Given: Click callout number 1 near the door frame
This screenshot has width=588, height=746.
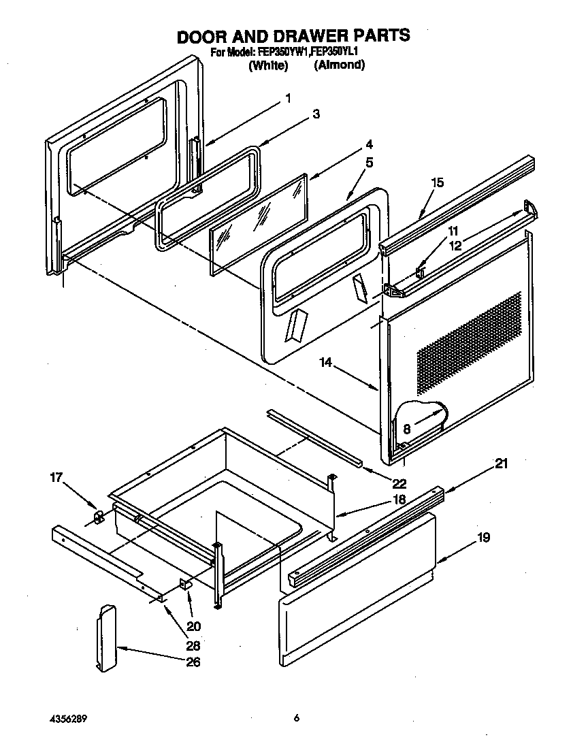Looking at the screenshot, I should coord(288,99).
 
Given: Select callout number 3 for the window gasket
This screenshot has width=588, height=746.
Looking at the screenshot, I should coord(316,114).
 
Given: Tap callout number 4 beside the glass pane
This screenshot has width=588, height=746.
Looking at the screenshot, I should coord(368,144).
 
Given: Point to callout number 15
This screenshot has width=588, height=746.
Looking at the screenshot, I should coord(438,182).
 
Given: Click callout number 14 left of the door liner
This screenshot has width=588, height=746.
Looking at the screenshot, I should coord(327,364).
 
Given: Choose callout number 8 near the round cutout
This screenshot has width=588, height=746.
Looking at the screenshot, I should coord(406,429).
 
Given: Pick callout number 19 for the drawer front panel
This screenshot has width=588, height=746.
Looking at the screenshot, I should coord(484,538).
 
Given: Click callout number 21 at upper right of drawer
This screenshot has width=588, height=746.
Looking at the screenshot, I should coord(501,464).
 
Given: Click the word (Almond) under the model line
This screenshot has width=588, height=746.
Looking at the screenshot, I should coord(340,65).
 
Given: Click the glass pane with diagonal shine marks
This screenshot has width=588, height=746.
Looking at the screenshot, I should coord(259,225).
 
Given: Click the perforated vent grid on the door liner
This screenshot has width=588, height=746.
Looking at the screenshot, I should coord(470,344).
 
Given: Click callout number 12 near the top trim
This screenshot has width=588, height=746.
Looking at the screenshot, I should coord(455,246).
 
